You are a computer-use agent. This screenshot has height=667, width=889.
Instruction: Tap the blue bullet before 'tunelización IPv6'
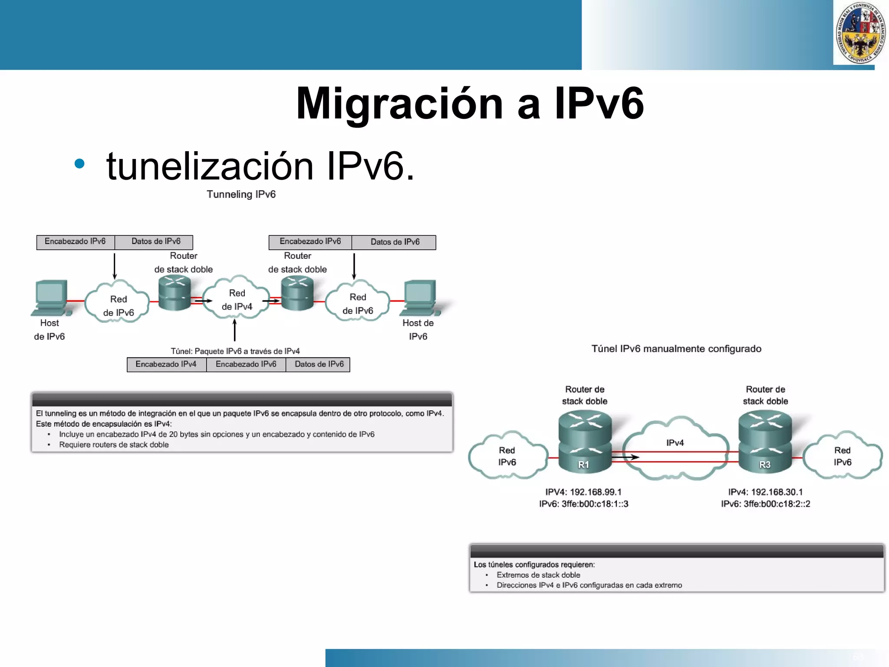(x=79, y=164)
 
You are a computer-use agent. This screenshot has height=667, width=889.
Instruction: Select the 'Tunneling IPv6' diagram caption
(x=241, y=194)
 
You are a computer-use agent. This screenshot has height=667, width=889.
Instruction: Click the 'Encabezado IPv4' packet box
(x=166, y=364)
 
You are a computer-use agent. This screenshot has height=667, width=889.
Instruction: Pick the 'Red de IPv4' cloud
(x=237, y=300)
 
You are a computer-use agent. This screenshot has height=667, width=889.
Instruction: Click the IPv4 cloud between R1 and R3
(x=675, y=447)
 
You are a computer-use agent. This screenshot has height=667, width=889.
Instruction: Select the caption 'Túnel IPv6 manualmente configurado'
(x=676, y=349)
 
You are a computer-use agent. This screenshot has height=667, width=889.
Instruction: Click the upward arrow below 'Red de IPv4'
(x=235, y=330)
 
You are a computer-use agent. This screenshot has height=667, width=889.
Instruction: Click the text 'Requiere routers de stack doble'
(x=114, y=445)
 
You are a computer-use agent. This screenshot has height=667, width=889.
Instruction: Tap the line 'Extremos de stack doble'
(x=538, y=575)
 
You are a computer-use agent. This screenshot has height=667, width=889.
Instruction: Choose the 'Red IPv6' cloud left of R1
(x=507, y=456)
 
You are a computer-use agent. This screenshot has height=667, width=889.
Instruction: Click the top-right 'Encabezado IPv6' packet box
(x=310, y=242)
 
